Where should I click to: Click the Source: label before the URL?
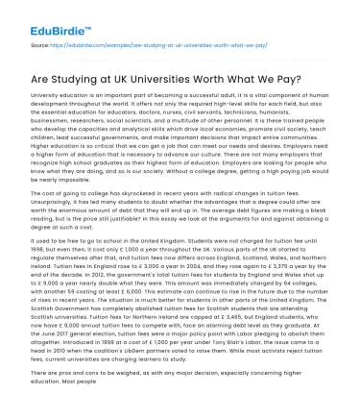(x=39, y=44)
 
